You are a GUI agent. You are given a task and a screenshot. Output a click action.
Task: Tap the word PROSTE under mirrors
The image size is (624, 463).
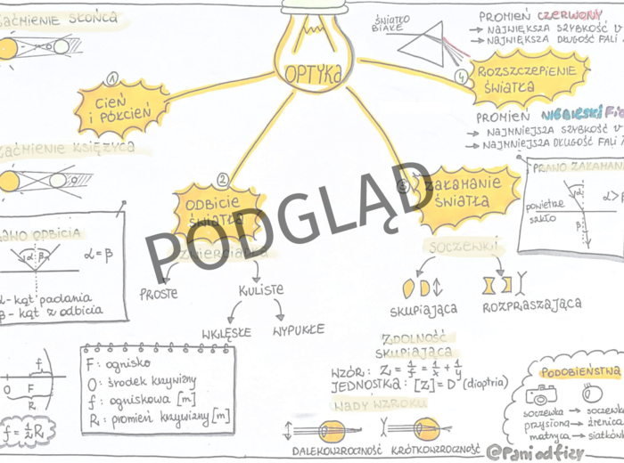pyautogui.click(x=159, y=292)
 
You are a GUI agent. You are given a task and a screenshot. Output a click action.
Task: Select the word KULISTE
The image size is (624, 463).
pyautogui.click(x=260, y=290)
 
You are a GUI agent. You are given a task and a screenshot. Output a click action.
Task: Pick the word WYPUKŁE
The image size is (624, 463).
pyautogui.click(x=298, y=330)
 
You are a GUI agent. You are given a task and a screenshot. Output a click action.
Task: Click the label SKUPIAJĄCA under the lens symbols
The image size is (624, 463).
pyautogui.click(x=423, y=309)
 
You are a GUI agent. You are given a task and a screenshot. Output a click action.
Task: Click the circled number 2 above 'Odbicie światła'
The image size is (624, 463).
pyautogui.click(x=223, y=178)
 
